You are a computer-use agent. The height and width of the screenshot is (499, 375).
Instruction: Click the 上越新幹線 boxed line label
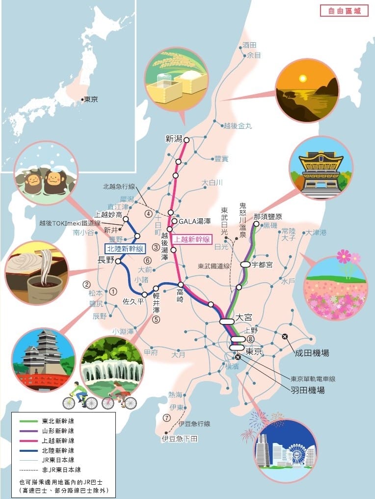(x=192, y=239)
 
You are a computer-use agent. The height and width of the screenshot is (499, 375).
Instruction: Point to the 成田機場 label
(x=312, y=353)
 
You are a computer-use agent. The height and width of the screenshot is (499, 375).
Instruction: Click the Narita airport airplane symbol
(x=285, y=337)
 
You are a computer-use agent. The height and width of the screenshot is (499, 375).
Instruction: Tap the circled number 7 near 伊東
(x=167, y=418)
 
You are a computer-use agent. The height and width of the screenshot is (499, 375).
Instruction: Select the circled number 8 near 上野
(x=251, y=340)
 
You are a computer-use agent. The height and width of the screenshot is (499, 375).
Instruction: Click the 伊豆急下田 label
(x=180, y=439)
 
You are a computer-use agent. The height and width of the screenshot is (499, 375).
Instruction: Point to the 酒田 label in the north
(x=250, y=45)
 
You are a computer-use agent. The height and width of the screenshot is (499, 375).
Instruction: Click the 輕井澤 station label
(x=156, y=303)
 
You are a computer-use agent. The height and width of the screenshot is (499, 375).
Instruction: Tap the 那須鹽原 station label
(x=268, y=217)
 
